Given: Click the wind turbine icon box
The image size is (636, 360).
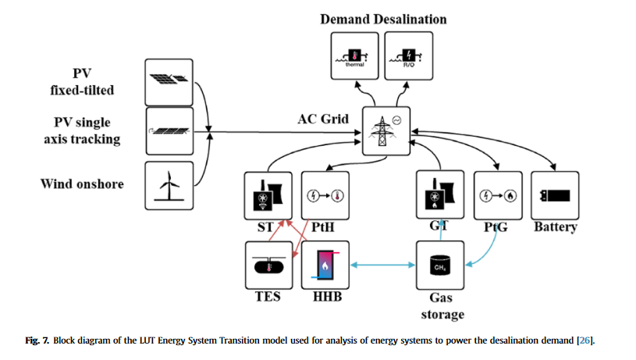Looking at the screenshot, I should [168, 184].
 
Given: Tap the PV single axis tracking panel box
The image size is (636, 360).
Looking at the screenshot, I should [168, 131].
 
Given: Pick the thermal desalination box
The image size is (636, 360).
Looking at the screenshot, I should [354, 57].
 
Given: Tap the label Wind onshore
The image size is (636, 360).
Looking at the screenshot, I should [82, 184].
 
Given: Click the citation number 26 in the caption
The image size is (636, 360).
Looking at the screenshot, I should [584, 340].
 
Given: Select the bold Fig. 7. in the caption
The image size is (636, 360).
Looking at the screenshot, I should [37, 340].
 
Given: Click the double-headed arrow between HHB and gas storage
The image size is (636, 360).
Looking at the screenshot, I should [382, 265].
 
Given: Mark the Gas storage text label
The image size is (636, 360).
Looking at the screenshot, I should [441, 306].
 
